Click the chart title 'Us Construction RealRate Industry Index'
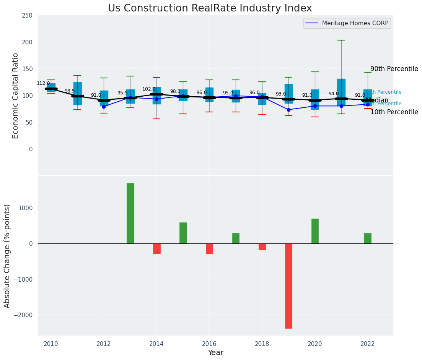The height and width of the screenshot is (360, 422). click(x=210, y=8)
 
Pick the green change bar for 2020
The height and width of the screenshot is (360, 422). click(x=315, y=231)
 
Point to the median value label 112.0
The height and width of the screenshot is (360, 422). click(x=43, y=83)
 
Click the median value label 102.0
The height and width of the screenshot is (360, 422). click(x=149, y=89)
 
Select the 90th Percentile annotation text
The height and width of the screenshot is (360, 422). click(x=394, y=69)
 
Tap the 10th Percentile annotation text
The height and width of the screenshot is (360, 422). click(x=394, y=112)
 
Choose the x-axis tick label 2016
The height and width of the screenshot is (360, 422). click(x=209, y=344)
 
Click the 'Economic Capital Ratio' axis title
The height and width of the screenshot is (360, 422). click(x=16, y=96)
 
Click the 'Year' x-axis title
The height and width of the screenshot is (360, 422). click(x=215, y=353)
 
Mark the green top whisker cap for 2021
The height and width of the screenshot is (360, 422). click(x=341, y=40)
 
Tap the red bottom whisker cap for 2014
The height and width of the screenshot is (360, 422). click(x=156, y=119)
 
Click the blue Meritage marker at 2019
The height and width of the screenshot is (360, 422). click(x=288, y=110)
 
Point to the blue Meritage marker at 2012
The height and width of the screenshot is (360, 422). click(x=104, y=107)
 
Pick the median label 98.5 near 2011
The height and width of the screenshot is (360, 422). click(x=70, y=91)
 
